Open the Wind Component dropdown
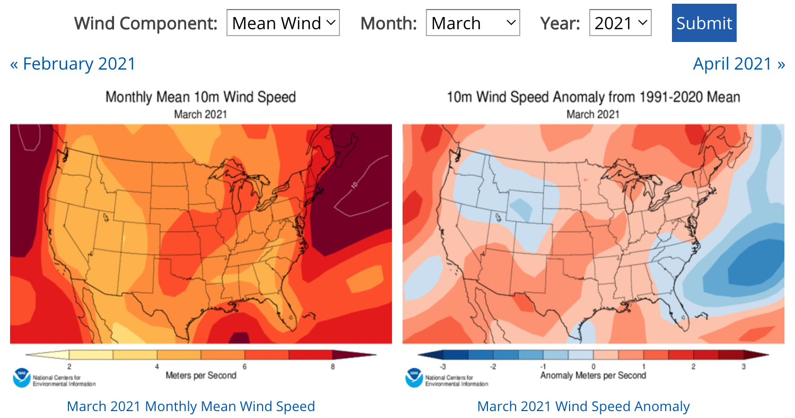tap(283, 23)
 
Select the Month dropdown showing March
tap(473, 23)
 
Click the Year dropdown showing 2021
tap(620, 23)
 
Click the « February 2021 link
tap(73, 64)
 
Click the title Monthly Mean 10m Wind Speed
tap(200, 97)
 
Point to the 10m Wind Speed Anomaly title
tap(593, 97)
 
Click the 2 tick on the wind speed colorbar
tap(69, 366)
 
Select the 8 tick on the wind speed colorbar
tap(333, 366)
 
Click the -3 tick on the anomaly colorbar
tap(442, 366)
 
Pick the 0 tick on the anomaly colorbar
tap(593, 366)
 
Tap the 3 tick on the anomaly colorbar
tap(744, 366)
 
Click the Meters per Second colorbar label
tap(200, 376)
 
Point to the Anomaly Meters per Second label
tap(593, 376)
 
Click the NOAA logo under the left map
tap(22, 378)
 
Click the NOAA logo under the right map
tap(414, 378)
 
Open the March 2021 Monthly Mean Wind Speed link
tap(191, 406)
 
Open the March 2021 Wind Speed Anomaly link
tap(583, 406)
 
